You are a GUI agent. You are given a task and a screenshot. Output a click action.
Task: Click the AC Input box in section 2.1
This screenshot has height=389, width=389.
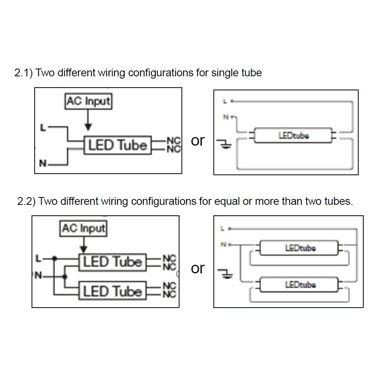(88, 102)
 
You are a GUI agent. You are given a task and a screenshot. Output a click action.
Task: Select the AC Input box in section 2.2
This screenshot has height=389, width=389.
(83, 228)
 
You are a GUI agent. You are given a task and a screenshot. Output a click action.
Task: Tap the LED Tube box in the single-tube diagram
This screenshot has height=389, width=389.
(118, 145)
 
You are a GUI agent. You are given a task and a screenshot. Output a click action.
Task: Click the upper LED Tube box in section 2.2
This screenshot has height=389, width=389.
(112, 262)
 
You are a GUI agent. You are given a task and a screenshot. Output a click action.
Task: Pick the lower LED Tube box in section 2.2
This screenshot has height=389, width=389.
(112, 291)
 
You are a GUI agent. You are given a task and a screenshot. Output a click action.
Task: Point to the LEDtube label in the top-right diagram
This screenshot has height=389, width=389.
(294, 136)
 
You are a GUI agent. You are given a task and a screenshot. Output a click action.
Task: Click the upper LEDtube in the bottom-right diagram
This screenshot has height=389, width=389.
(300, 248)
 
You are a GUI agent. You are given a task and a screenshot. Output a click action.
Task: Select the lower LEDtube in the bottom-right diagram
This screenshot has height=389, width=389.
(300, 285)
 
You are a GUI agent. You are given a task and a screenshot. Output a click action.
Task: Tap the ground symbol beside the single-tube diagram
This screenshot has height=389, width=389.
(226, 145)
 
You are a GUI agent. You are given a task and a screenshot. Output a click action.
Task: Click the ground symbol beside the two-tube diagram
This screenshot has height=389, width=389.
(226, 275)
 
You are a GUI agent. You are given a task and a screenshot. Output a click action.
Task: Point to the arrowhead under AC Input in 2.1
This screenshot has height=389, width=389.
(88, 127)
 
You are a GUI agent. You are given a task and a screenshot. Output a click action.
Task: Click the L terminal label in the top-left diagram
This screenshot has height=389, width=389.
(44, 127)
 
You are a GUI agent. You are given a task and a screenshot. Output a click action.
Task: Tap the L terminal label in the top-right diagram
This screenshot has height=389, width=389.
(225, 102)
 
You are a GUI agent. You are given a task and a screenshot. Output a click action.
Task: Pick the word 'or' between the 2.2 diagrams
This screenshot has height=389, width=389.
(198, 268)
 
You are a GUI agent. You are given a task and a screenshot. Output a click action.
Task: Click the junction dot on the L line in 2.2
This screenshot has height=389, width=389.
(55, 258)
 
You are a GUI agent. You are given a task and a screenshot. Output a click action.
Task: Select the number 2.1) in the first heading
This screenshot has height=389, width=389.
(23, 73)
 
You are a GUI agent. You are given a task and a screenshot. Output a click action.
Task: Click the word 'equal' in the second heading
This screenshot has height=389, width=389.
(227, 201)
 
